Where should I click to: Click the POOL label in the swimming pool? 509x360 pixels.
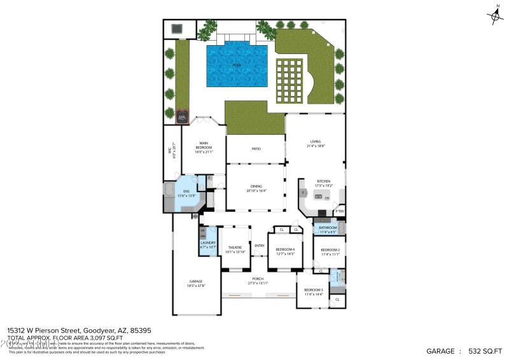point(237,65)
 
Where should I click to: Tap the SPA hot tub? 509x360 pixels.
point(182,117)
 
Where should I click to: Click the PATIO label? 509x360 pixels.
point(256,148)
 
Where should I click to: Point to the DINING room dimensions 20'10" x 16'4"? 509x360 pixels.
point(256,191)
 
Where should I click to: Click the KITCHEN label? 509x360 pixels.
point(324,181)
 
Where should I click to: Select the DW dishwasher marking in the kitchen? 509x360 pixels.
point(326,198)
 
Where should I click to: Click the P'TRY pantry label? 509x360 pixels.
point(340,211)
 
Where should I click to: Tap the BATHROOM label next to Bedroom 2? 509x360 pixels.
point(328,227)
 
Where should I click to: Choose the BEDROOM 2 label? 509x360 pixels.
point(330,250)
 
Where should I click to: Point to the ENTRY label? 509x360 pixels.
point(260,246)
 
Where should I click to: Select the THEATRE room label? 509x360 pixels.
point(235,247)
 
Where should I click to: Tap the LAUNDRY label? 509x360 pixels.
point(208,242)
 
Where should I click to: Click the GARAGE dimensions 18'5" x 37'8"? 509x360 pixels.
point(196,285)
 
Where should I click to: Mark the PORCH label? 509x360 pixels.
point(258,279)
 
